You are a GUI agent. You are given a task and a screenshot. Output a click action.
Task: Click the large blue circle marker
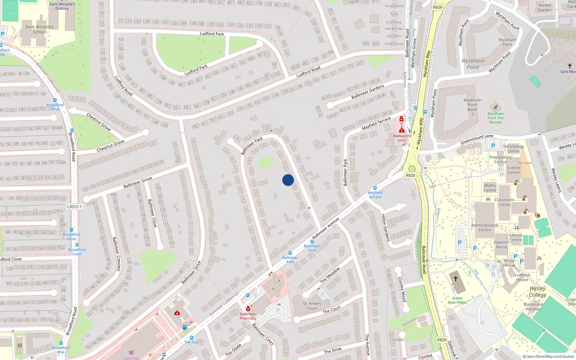coord(288,180)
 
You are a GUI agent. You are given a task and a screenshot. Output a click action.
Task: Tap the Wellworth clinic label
coord(401,138)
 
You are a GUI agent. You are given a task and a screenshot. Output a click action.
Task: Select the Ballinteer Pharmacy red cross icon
coord(248,309)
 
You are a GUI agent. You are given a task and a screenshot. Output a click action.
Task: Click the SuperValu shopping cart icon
coord(131,352)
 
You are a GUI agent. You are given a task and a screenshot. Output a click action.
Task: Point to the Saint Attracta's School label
coord(39,29)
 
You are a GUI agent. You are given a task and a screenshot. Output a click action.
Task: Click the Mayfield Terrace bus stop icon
coord(375,188)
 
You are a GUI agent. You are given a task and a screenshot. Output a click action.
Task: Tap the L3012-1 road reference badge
coord(75,207)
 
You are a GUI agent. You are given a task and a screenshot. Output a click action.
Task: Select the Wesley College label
coord(537,292)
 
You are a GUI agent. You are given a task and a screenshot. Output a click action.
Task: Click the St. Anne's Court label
coord(312,306)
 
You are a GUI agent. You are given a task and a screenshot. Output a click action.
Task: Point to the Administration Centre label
coord(485,228)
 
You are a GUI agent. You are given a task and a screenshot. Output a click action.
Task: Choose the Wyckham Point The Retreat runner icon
coord(496,107)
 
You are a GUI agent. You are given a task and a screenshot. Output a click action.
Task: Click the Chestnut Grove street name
coord(110,146)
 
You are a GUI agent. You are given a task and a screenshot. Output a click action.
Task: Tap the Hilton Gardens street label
coord(386,228)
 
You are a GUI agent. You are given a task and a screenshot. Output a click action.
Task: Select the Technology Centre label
coord(513,149)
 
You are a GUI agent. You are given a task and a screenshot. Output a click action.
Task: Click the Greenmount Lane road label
coord(477,139)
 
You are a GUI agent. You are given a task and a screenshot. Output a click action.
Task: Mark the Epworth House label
coord(501,244)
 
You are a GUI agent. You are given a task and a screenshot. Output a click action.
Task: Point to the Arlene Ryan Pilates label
coord(457,300)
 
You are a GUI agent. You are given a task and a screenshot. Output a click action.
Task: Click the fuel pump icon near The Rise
coord(185,327)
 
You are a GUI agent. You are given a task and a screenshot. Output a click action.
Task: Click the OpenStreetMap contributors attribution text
coord(548,357)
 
